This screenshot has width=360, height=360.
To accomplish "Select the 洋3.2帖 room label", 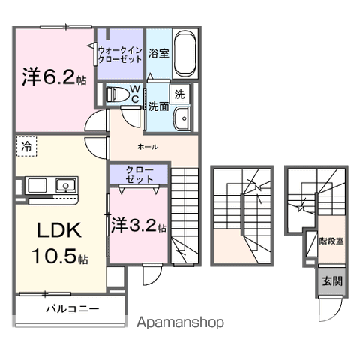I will pos(139,224).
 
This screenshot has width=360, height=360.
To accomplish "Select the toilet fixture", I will pos(118,94).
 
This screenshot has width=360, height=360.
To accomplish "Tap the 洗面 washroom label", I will pos(157,106).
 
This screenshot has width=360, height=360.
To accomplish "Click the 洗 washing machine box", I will pos(179,94).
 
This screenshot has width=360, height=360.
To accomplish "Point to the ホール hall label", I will pos(147,147).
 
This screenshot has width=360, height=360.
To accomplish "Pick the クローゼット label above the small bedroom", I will pos(139,174).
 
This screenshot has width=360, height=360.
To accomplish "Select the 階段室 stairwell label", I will pos(330,241).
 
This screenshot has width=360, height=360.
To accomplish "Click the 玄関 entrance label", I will pos(331,281).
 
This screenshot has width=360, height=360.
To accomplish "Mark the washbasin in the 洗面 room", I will pos(180,119).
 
